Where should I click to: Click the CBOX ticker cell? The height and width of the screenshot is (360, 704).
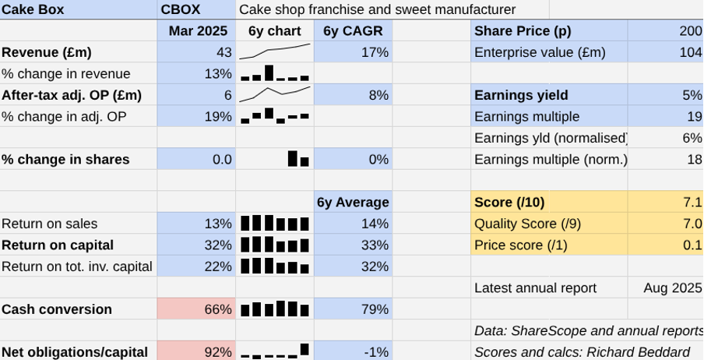pos(181,9)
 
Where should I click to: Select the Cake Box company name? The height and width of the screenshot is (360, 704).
pos(33,9)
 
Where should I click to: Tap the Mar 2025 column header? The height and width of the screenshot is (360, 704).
pos(198,31)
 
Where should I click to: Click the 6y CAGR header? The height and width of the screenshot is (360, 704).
pos(352,31)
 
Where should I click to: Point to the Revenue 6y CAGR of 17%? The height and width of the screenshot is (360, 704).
pos(375,52)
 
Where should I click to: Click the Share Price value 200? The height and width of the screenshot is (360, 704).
pos(690,31)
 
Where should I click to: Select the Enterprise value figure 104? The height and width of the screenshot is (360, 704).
pos(690,52)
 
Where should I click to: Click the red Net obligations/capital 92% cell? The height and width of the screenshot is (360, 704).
pos(218,351)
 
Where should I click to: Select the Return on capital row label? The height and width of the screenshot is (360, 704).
pos(58,245)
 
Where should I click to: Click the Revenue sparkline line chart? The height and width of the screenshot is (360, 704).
pos(274,51)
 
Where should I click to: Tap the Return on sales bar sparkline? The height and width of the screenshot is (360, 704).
pos(274,224)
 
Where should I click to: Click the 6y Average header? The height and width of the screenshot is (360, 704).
pos(353,203)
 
